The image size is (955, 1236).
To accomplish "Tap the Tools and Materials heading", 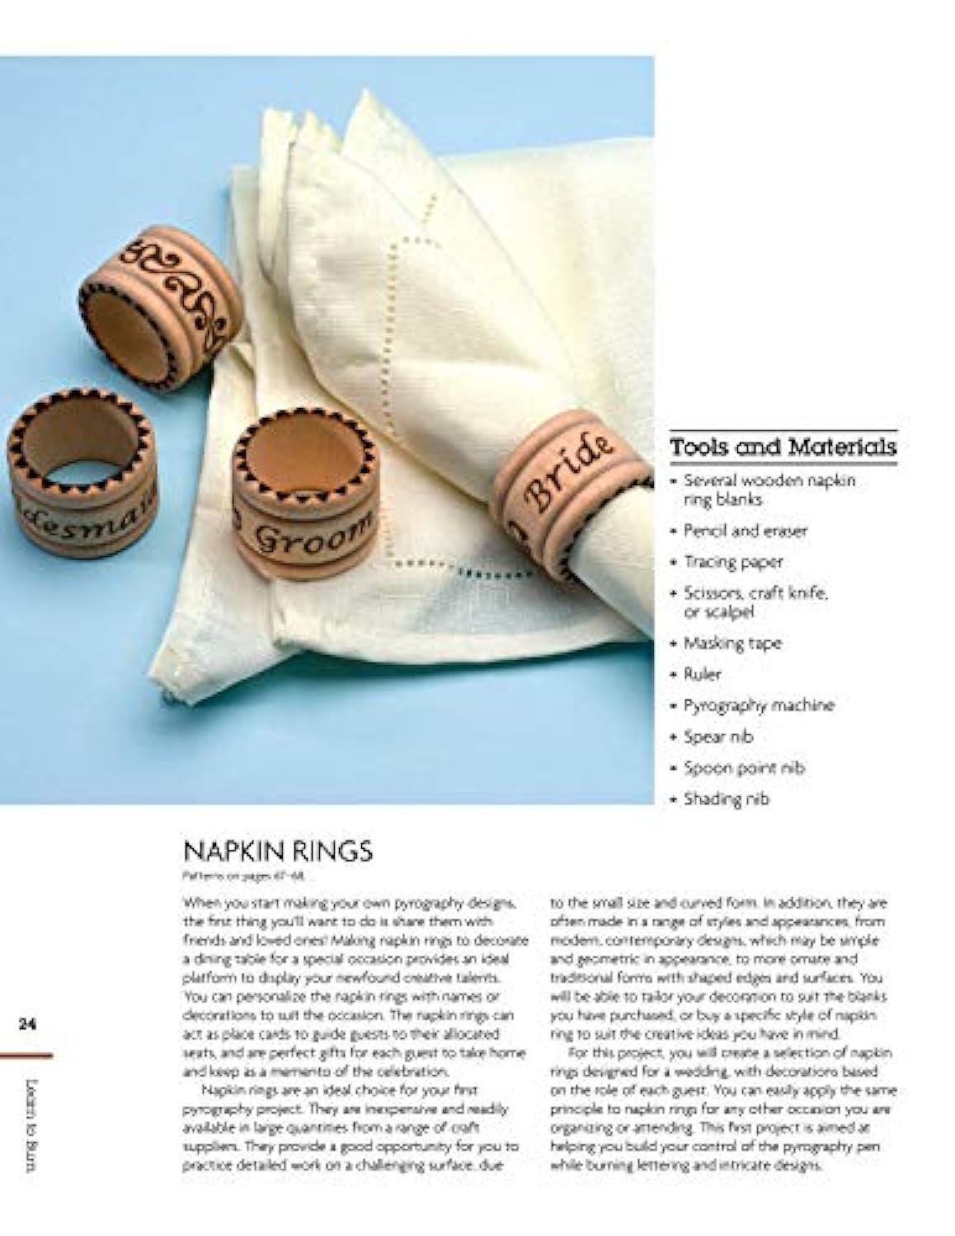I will [x=783, y=447].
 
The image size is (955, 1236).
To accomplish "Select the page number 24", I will [x=28, y=1024].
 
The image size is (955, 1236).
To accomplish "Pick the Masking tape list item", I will [x=732, y=643].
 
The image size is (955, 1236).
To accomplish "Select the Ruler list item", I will [x=702, y=674].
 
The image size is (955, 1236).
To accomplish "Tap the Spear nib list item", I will [x=717, y=737].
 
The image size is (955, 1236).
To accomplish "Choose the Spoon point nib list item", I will [x=743, y=768].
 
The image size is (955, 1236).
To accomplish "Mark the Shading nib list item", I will [x=726, y=799].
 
